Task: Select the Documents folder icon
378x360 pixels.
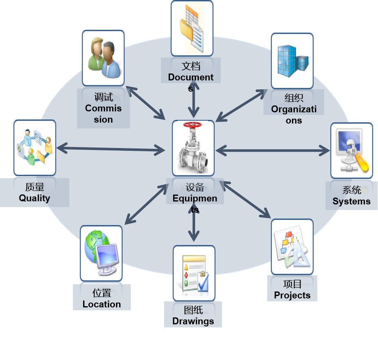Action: coord(191,29)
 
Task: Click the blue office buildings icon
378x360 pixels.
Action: coord(292,60)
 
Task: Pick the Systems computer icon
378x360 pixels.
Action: coord(351,150)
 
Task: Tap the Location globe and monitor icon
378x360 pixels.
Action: coord(101,253)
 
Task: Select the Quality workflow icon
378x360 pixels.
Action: coord(35,147)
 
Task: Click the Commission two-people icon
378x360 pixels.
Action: coord(103,57)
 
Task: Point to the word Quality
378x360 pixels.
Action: coord(34,199)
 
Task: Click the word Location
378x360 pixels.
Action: coord(101,304)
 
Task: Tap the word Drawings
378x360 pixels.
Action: coord(193,321)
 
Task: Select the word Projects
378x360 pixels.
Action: coord(292,295)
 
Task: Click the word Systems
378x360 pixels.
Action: coord(351,201)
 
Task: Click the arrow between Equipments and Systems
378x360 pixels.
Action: coord(272,150)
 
